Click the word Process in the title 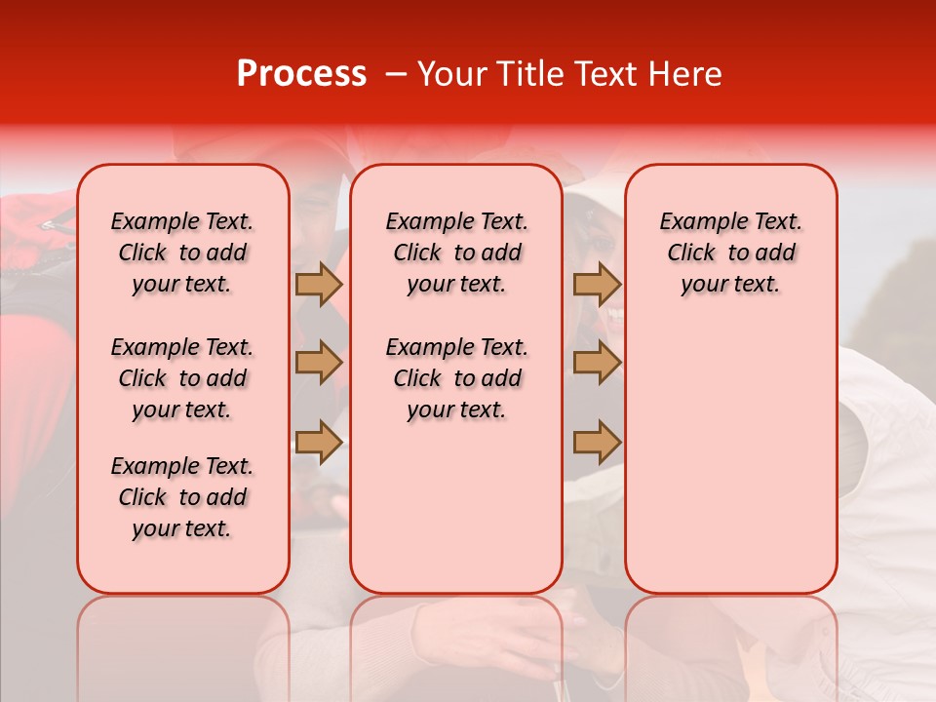tap(300, 74)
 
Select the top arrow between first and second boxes tap(319, 284)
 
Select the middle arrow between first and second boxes tap(319, 363)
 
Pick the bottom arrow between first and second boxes tap(319, 442)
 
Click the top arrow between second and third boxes tap(597, 284)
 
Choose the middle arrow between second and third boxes tap(597, 363)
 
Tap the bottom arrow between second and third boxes tap(597, 442)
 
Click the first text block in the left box tap(182, 253)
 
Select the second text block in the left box tap(182, 378)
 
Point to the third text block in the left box tap(182, 497)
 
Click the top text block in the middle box tap(456, 253)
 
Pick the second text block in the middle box tap(456, 378)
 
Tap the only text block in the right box tap(730, 253)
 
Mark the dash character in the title tap(395, 74)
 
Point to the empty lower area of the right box tap(730, 458)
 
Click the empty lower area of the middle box tap(456, 507)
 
